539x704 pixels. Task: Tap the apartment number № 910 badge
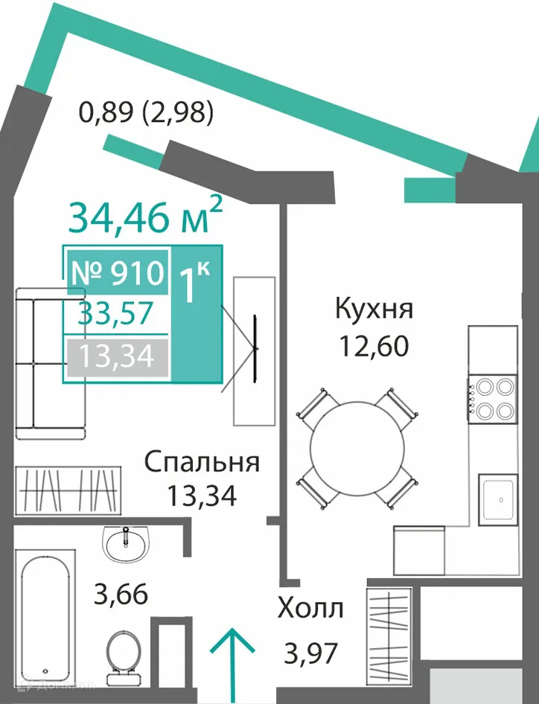tap(118, 272)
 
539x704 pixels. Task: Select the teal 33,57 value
tap(116, 313)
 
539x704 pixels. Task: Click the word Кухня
tap(374, 310)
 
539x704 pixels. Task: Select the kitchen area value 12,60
tap(374, 346)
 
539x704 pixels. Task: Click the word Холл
tap(310, 609)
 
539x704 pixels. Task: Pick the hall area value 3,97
tap(310, 653)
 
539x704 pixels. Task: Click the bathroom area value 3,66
tap(121, 594)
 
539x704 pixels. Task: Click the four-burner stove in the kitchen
tap(493, 398)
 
